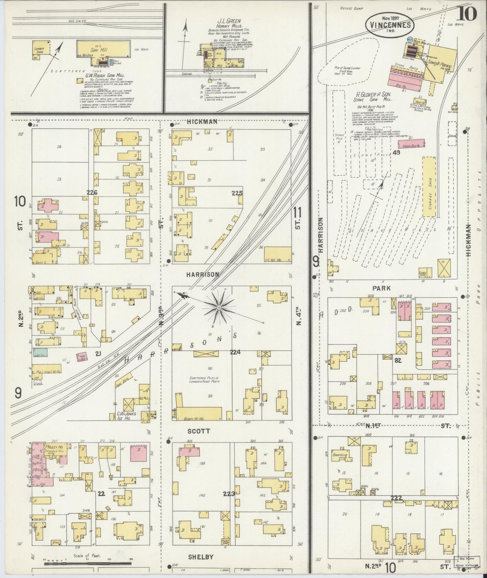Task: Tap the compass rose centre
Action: click(219, 308)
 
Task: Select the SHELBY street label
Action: click(200, 557)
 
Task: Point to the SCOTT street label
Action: click(199, 431)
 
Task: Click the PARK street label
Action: click(382, 288)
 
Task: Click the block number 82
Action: click(398, 360)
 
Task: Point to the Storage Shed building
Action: click(429, 186)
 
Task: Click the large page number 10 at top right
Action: click(467, 13)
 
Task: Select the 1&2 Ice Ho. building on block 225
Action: click(278, 255)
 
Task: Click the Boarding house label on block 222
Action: click(340, 455)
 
